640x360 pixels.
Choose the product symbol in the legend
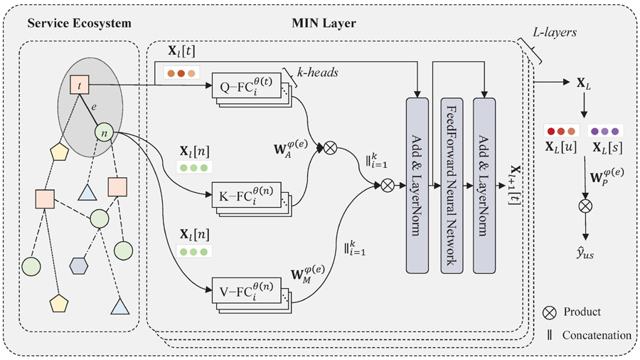pyautogui.click(x=549, y=312)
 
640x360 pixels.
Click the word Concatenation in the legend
pyautogui.click(x=596, y=334)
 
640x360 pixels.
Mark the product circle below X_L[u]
pyautogui.click(x=585, y=208)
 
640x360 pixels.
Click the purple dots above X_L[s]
pyautogui.click(x=605, y=131)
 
